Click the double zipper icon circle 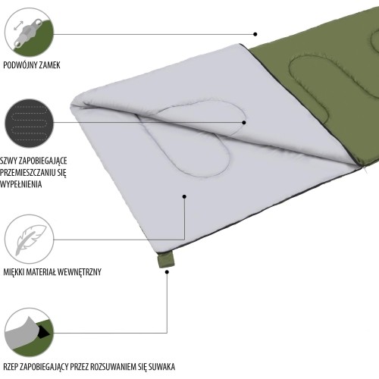30,33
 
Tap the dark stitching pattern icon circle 30,124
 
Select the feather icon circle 30,240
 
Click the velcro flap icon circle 30,332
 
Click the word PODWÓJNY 19,65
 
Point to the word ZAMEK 49,65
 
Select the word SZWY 8,161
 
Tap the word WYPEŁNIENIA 20,184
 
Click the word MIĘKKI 14,272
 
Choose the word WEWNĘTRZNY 80,272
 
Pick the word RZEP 10,367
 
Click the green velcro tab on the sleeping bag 166,260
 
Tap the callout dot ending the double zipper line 255,34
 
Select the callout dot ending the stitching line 244,123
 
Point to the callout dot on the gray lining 184,196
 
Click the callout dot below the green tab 167,272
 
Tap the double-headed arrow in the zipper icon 17,26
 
